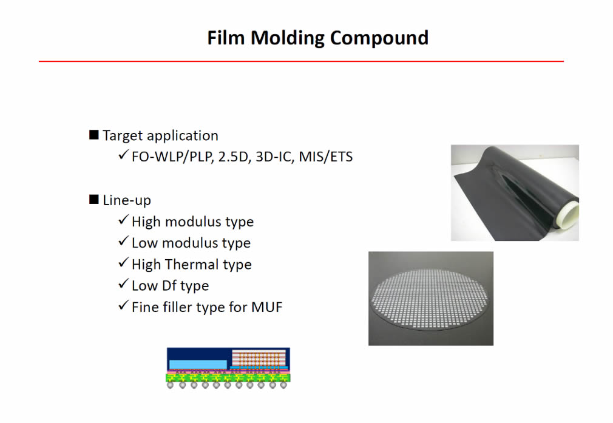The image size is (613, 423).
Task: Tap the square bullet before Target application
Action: (94, 135)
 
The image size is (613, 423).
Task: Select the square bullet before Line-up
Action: (94, 200)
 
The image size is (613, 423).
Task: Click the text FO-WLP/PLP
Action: (172, 157)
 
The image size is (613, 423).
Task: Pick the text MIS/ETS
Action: (326, 157)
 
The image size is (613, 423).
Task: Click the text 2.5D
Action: (234, 157)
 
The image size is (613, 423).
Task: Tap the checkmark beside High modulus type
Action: (123, 220)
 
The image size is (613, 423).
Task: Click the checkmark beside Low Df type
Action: (123, 284)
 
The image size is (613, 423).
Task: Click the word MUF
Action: (266, 307)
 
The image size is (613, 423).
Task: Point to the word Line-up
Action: (127, 200)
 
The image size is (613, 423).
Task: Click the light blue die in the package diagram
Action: (198, 364)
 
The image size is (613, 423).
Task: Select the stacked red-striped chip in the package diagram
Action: (259, 358)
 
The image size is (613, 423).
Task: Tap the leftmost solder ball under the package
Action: (170, 385)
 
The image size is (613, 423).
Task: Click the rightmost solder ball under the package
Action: (283, 385)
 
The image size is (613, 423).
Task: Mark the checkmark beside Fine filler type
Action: (123, 305)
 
